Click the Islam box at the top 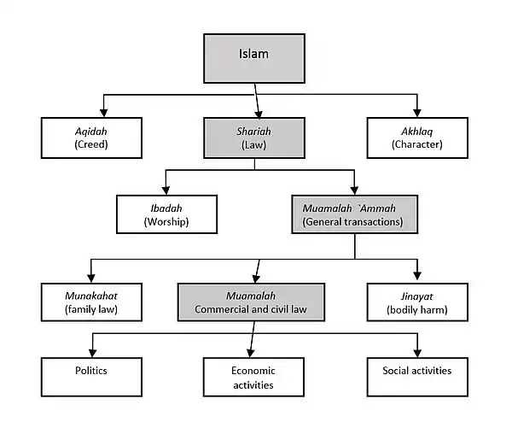coord(253,58)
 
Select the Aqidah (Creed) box coord(92,137)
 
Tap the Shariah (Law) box coord(253,137)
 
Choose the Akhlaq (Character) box coord(417,137)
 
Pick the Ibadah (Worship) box coord(166,214)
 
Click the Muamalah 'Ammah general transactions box coord(354,214)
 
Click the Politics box coord(92,377)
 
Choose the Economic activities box coord(253,377)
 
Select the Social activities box coord(417,377)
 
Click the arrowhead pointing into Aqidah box coord(103,112)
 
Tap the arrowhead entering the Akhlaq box coord(417,112)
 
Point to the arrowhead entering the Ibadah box coord(166,190)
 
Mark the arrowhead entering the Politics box coord(92,352)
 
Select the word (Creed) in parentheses coord(92,144)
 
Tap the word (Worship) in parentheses coord(166,222)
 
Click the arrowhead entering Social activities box coord(417,352)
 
